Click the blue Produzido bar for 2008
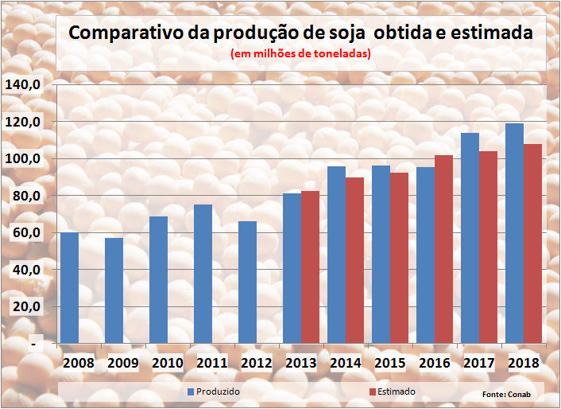pos(70,288)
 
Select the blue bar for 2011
pos(203,275)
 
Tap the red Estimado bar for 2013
pos(310,267)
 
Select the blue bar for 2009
pos(114,290)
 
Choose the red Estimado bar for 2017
pos(488,247)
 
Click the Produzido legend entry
pos(214,391)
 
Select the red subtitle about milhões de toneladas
pos(300,54)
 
